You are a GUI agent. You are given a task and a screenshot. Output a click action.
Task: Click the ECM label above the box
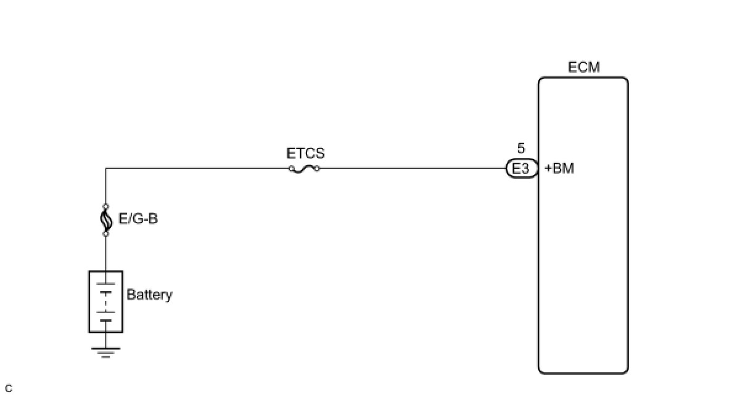[583, 67]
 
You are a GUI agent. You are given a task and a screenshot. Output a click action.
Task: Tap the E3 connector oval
[521, 168]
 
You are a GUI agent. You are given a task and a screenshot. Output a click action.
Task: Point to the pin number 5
[521, 149]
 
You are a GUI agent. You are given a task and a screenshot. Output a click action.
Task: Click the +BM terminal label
[559, 168]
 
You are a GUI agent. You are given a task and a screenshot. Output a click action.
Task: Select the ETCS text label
[305, 153]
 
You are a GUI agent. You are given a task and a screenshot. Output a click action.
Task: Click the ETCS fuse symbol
[305, 168]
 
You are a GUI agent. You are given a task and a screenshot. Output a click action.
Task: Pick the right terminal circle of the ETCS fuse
[318, 168]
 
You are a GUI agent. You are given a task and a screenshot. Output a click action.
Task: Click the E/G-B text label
[138, 218]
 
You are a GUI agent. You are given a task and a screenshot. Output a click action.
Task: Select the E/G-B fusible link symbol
[105, 219]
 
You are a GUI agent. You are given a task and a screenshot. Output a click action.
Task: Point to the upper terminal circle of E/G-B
[105, 206]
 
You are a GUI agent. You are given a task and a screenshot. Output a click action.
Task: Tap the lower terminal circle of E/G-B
[105, 234]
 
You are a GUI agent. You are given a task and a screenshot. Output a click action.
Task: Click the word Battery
[149, 295]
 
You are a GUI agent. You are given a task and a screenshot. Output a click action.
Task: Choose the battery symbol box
[105, 301]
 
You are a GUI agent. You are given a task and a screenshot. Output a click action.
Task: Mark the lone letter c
[8, 388]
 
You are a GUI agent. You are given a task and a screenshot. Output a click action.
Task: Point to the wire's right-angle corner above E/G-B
[105, 168]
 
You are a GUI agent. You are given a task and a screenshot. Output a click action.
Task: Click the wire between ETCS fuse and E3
[413, 168]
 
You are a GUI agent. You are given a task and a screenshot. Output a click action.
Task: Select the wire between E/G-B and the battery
[105, 253]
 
